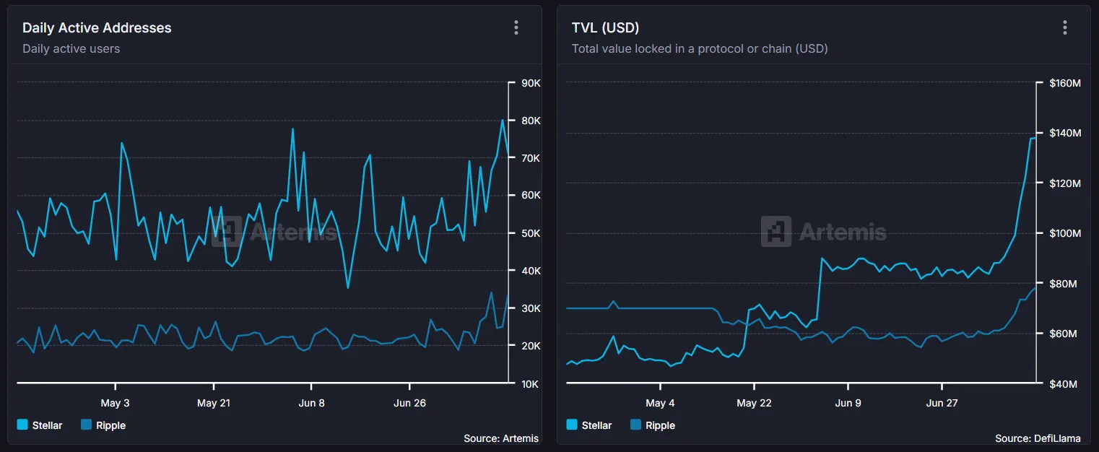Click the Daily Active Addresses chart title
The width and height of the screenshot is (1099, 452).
[x=97, y=28]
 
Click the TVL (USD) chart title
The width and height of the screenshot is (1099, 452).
[x=605, y=28]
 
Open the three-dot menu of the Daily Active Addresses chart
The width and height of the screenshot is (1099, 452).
[x=516, y=27]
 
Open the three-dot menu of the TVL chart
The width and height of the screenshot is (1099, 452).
[x=1064, y=27]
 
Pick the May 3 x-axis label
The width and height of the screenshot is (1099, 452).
[x=115, y=403]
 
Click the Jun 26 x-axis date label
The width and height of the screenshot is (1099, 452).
[x=409, y=403]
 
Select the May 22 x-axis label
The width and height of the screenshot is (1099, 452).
[x=754, y=403]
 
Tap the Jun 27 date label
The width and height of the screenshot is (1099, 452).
[x=942, y=403]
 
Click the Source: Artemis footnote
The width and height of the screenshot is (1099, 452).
[x=500, y=438]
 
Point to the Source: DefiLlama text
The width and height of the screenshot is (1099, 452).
[x=1038, y=438]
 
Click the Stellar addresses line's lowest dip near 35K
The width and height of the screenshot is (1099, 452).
[x=348, y=288]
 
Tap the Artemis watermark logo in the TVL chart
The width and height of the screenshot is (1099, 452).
[x=776, y=232]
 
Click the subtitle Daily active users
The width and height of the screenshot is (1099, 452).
[x=71, y=48]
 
